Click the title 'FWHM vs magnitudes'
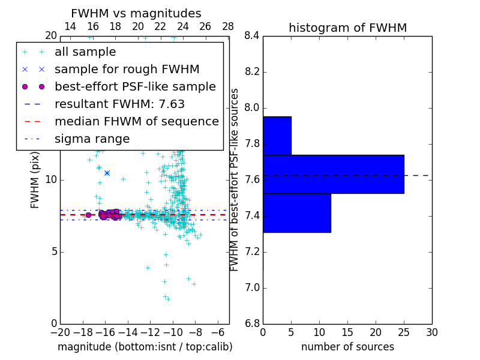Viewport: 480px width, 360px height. (136, 13)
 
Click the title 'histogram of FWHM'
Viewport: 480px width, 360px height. (347, 28)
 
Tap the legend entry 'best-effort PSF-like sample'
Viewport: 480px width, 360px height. (135, 86)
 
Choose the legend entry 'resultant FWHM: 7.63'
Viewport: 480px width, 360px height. (119, 104)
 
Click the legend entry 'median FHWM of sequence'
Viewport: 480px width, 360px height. (136, 121)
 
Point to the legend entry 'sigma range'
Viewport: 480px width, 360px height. (92, 139)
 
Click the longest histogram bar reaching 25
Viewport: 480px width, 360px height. (333, 174)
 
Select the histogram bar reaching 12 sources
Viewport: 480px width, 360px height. (296, 212)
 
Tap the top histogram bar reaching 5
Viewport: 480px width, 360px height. (277, 136)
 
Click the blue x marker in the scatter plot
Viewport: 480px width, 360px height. (107, 173)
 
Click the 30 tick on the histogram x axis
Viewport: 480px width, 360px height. (431, 332)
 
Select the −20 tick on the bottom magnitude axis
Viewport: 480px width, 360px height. (60, 332)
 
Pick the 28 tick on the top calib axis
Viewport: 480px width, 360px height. (228, 26)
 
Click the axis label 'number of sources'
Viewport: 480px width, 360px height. (347, 347)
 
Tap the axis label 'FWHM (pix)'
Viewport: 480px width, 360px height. (35, 179)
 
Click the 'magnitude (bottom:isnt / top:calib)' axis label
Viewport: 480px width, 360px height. (145, 347)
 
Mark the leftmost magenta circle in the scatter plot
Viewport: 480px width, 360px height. (88, 215)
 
